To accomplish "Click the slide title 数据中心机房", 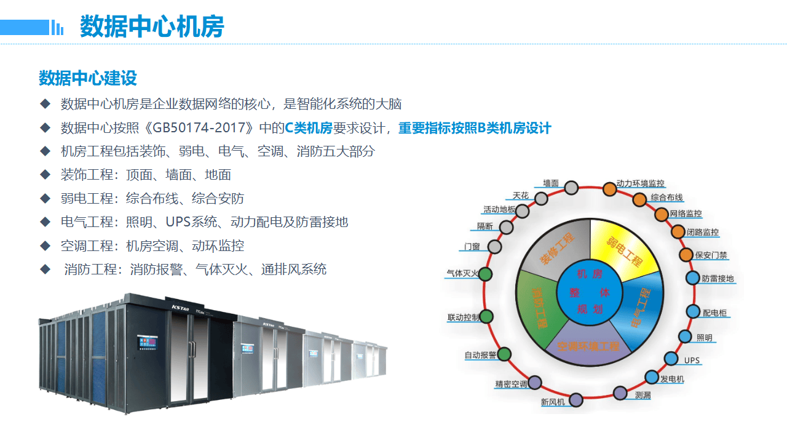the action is pyautogui.click(x=152, y=27).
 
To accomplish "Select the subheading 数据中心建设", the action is pyautogui.click(x=87, y=78).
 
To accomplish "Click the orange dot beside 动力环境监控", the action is pyautogui.click(x=609, y=189).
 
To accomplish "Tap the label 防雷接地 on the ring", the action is pyautogui.click(x=718, y=279).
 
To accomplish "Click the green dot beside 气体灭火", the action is pyautogui.click(x=485, y=274).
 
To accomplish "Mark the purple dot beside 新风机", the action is pyautogui.click(x=575, y=400).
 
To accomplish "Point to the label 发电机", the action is pyautogui.click(x=672, y=379).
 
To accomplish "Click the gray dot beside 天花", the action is pyautogui.click(x=541, y=198).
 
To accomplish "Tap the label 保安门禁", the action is pyautogui.click(x=711, y=255).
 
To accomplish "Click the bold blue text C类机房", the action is pyautogui.click(x=308, y=128).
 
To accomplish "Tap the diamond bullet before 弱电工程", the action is pyautogui.click(x=45, y=198).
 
